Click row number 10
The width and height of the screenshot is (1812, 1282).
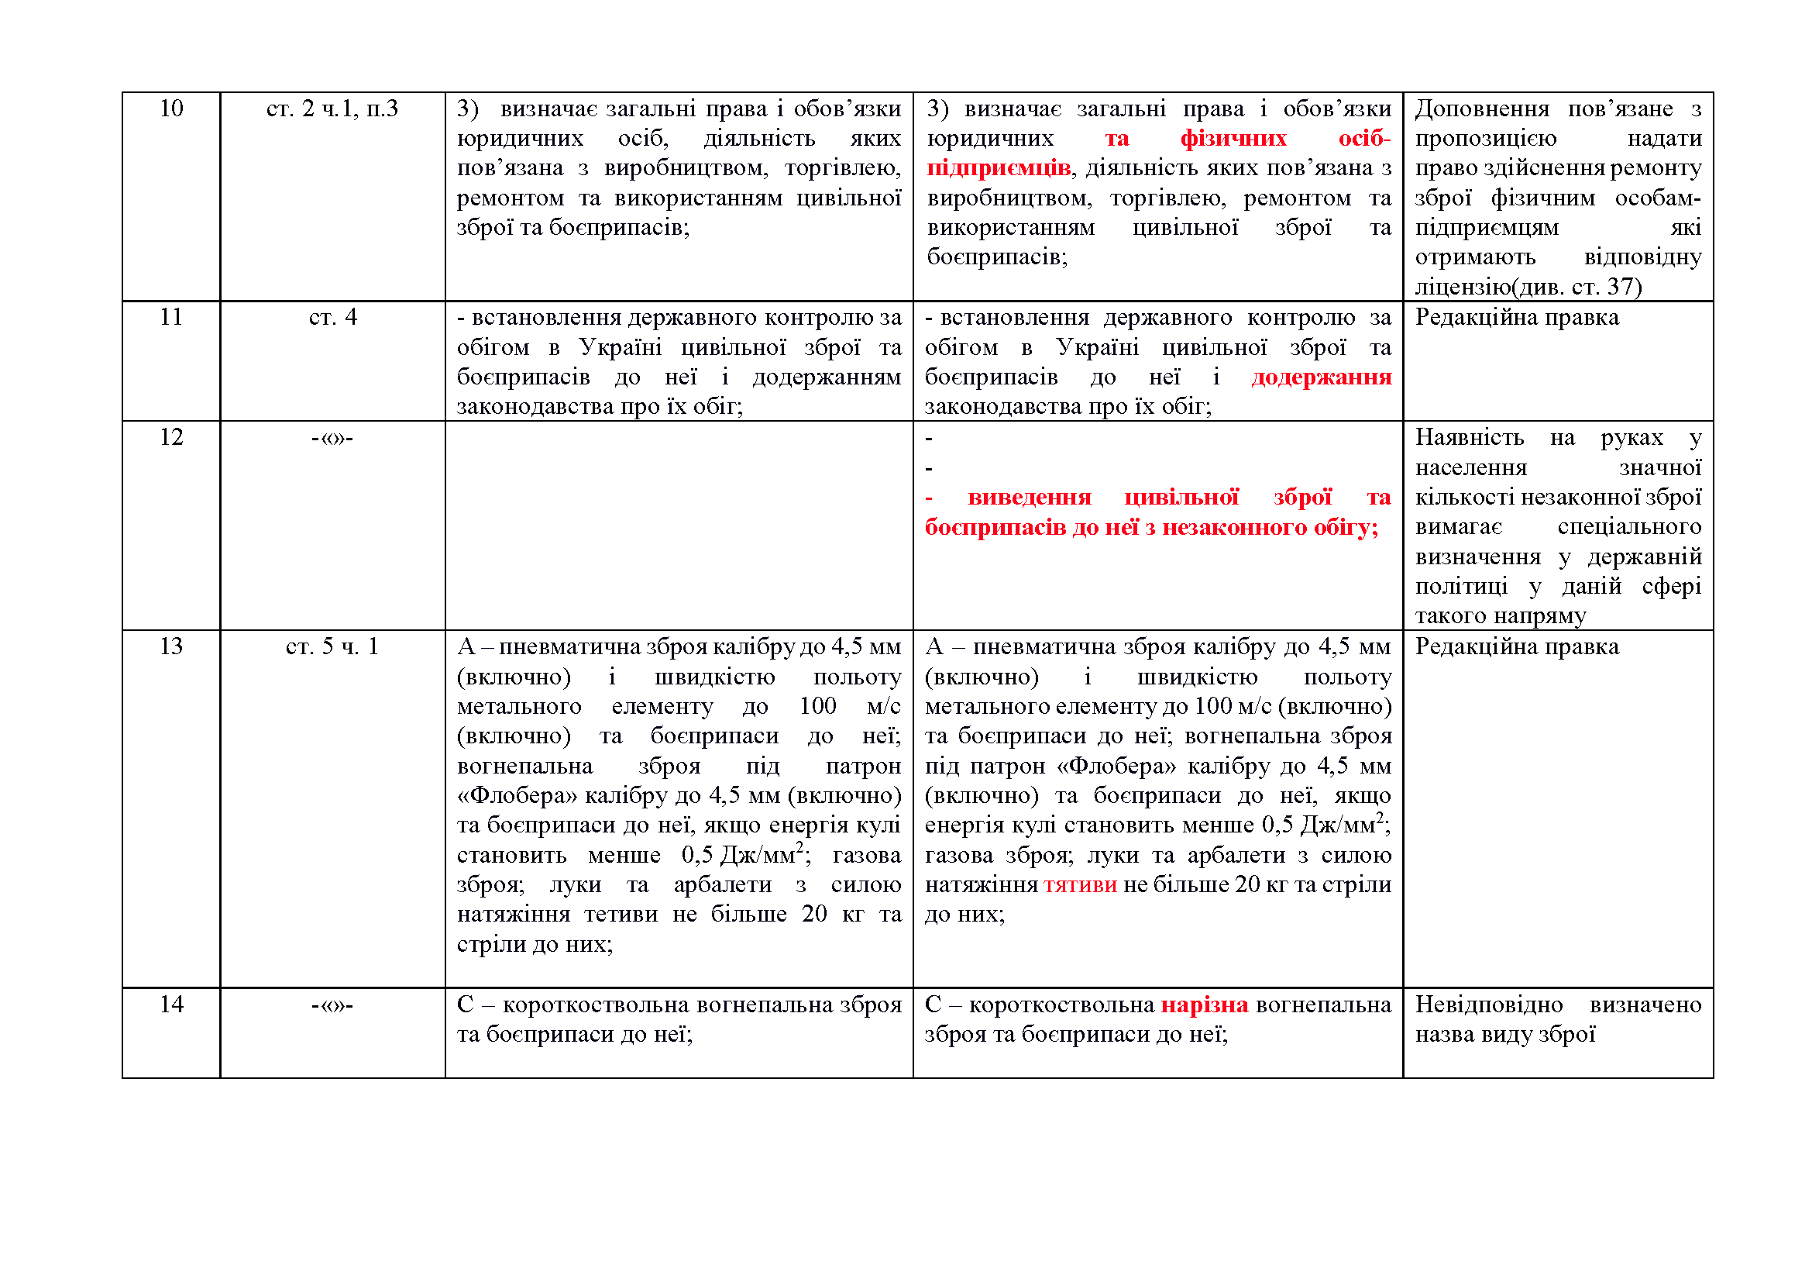point(171,109)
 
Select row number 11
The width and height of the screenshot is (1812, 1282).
point(171,317)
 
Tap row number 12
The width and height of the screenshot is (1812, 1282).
point(171,437)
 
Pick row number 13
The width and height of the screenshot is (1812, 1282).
point(171,646)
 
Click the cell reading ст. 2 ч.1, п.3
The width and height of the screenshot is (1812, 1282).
point(332,109)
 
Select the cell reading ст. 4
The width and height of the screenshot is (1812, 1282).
point(332,317)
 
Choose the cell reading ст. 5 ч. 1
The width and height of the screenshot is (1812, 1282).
point(332,646)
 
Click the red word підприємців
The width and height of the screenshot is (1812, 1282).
point(999,168)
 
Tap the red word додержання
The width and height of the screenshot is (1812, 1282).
point(1321,377)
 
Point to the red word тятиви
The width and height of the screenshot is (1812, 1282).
point(1080,885)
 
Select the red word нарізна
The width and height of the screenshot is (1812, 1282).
point(1205,1005)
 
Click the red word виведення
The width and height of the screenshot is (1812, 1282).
point(1029,498)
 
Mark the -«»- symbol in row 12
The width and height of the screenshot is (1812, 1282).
point(332,437)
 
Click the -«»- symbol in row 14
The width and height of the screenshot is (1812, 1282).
point(332,1005)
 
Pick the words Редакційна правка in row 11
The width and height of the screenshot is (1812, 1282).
point(1516,317)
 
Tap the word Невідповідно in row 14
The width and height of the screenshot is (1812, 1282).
point(1488,1005)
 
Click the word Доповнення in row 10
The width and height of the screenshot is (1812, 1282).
point(1481,109)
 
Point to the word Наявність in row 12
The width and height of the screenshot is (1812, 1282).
point(1469,437)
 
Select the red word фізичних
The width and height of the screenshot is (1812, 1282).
point(1233,139)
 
